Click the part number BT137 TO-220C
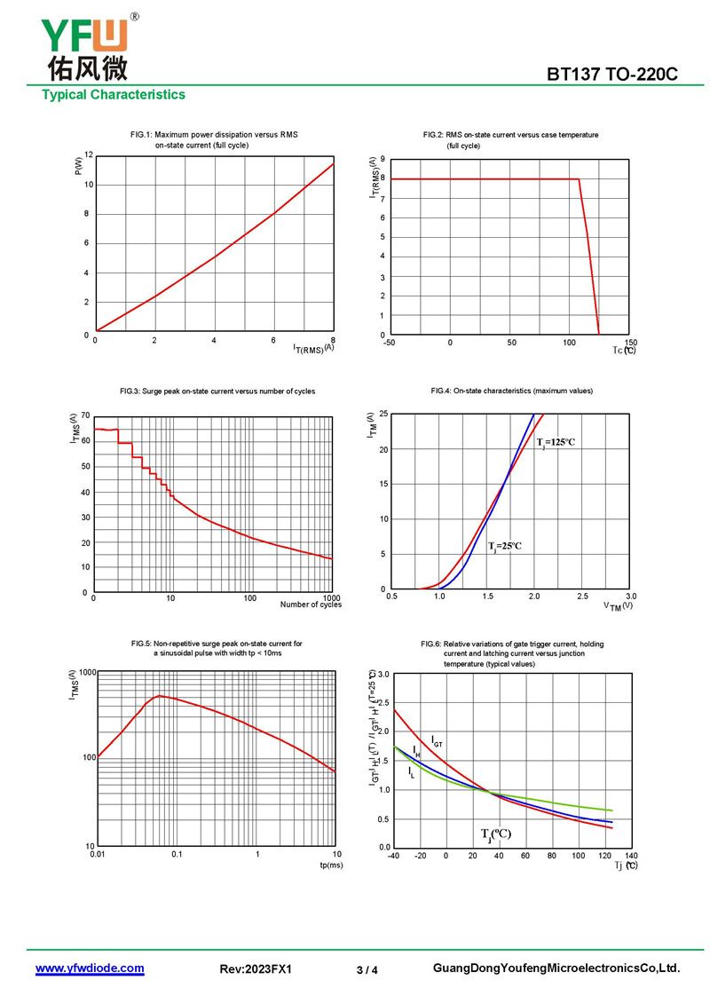coord(612,75)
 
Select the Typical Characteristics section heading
coord(114,95)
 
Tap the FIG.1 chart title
coord(214,139)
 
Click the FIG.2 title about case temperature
coord(510,135)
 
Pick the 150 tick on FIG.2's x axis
coord(630,343)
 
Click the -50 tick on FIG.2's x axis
coord(389,343)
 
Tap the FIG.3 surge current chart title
coord(217,391)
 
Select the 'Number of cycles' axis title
coord(311,605)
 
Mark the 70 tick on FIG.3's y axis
coord(85,415)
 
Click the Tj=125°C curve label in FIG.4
coord(556,442)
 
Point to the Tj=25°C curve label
coord(504,546)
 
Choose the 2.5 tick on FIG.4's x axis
coord(583,597)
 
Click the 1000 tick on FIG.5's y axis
coord(86,673)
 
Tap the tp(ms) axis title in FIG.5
coord(330,865)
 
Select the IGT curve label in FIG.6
coord(438,739)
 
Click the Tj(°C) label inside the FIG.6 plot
coord(496,834)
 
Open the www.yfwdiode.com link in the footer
coord(90,968)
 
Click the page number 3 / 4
coord(367,970)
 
